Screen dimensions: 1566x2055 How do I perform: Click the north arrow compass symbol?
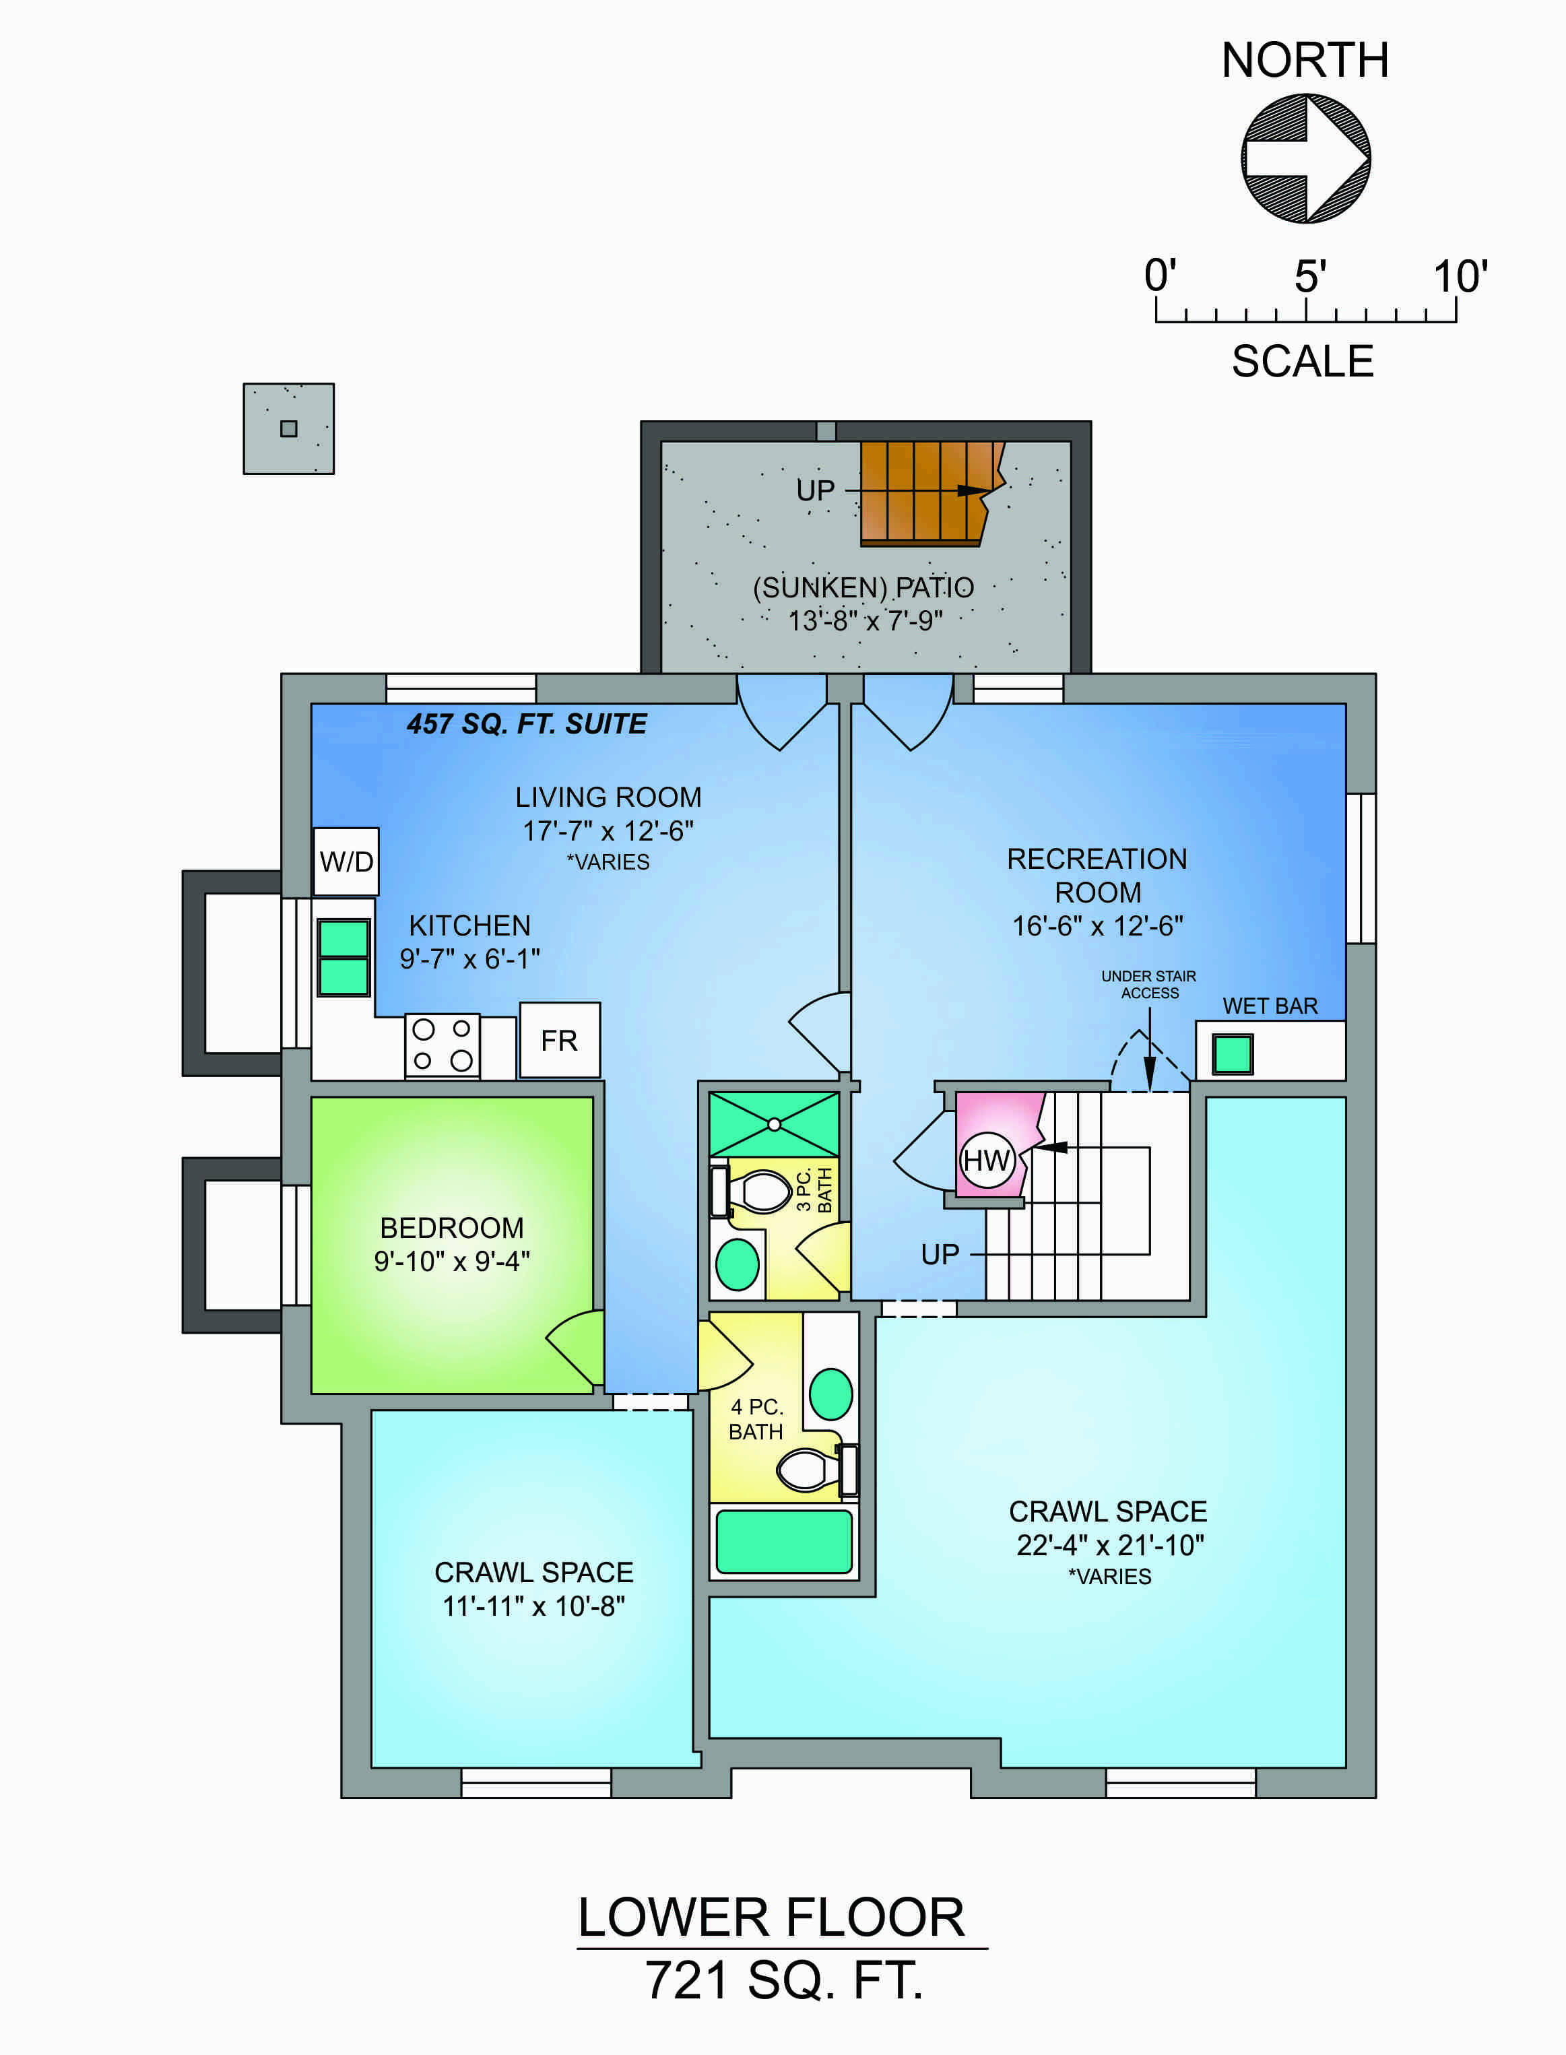click(1306, 158)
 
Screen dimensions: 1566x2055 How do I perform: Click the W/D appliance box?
click(346, 861)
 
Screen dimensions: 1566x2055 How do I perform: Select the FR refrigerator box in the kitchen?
click(559, 1040)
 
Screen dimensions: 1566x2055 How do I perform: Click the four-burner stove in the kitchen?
click(443, 1045)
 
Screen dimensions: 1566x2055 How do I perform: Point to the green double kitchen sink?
click(344, 957)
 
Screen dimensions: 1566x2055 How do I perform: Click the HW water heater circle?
click(986, 1161)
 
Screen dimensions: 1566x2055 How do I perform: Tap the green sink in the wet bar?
click(1233, 1054)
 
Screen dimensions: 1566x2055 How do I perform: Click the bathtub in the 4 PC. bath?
click(784, 1542)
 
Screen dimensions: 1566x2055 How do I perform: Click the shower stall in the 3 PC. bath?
click(774, 1124)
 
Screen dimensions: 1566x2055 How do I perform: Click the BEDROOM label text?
click(452, 1227)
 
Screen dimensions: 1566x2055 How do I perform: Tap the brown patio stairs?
click(930, 493)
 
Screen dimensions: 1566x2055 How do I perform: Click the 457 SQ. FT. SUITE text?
click(527, 724)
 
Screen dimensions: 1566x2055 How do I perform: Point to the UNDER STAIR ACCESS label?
click(1148, 984)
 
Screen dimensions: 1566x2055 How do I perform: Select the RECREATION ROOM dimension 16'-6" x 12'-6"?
click(1098, 926)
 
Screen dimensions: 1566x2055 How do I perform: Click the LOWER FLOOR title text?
click(772, 1918)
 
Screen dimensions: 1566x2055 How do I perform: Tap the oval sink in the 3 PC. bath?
click(738, 1265)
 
